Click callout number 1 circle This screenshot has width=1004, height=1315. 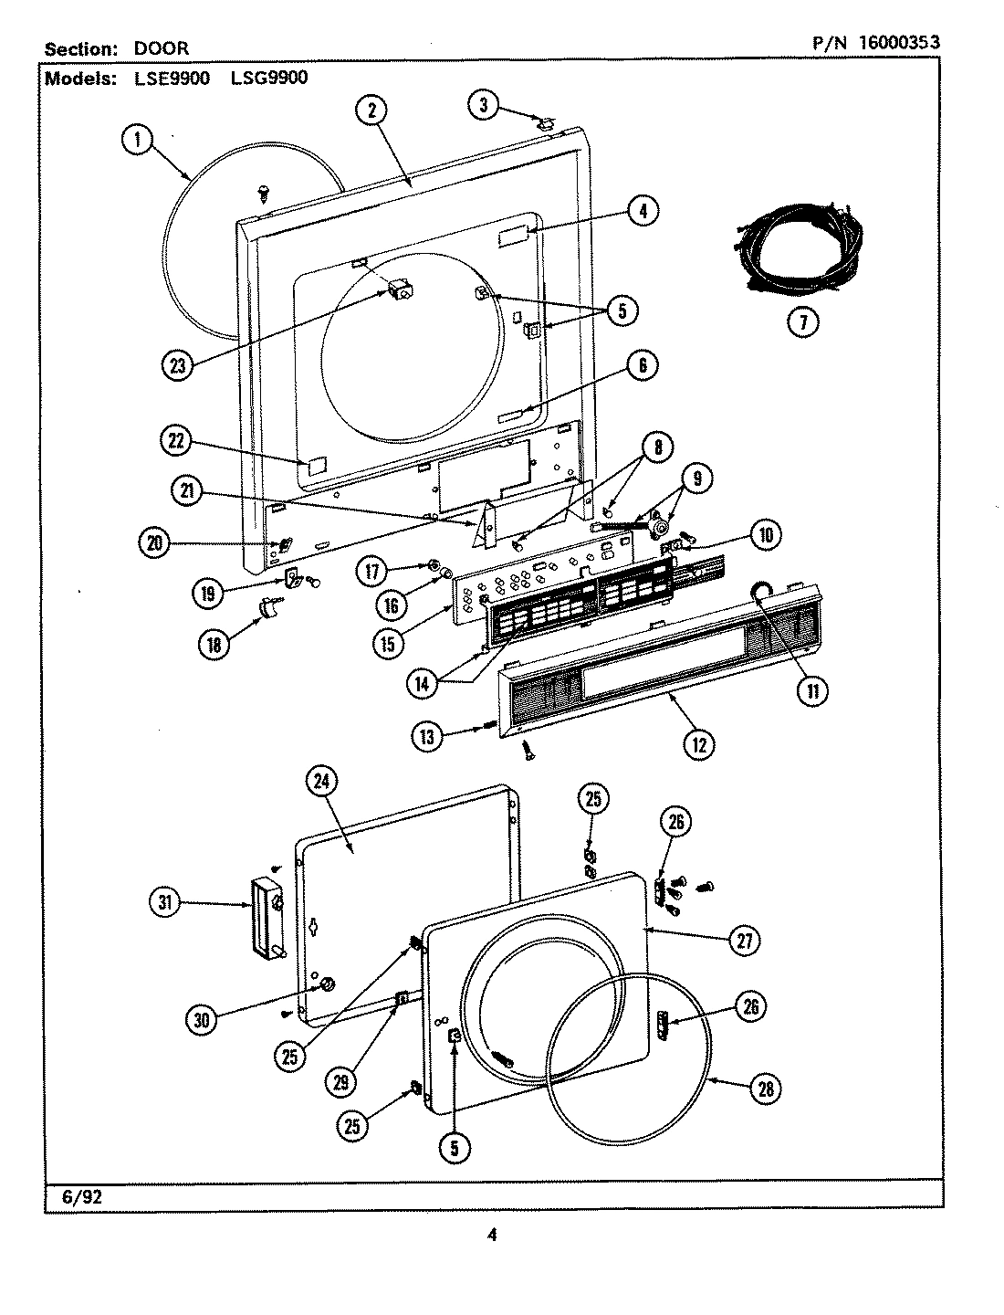tap(137, 140)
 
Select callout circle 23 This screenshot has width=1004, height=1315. tap(177, 365)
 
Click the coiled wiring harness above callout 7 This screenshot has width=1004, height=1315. tap(800, 246)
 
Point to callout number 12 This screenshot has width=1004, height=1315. tap(699, 743)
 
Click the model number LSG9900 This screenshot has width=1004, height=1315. tap(269, 78)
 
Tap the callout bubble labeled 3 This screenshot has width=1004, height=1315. tap(485, 105)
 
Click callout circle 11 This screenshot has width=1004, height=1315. tap(811, 691)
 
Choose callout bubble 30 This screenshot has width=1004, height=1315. tap(202, 1020)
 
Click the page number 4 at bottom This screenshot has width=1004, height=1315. tap(492, 1236)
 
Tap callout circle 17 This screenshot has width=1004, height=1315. tap(374, 572)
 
